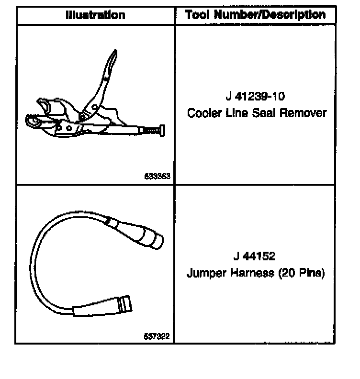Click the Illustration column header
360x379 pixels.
click(95, 15)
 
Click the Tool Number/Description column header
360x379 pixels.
click(255, 15)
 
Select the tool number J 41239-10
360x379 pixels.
click(255, 96)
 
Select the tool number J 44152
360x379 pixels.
click(255, 256)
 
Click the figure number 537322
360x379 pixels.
click(157, 336)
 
